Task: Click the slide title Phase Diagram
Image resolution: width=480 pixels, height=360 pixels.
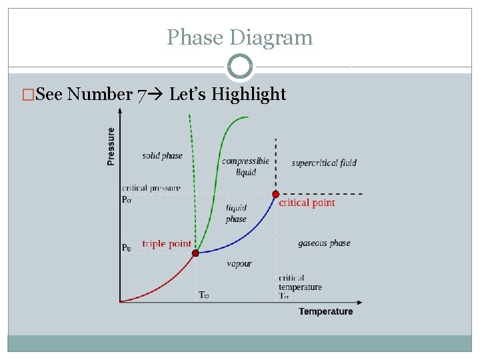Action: (239, 37)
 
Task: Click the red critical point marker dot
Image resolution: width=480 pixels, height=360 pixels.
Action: (275, 194)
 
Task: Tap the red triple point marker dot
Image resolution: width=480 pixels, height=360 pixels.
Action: (195, 253)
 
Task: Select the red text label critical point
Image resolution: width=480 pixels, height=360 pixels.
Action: (307, 203)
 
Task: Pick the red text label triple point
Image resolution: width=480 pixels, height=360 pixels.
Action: (167, 244)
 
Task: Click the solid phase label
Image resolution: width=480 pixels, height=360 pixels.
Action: (162, 156)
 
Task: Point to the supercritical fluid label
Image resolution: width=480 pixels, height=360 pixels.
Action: (324, 163)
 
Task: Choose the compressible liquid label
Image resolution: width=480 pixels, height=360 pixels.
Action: (245, 166)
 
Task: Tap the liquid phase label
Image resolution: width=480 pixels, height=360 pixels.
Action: (236, 213)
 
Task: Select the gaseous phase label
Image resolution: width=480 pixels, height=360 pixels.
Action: (324, 243)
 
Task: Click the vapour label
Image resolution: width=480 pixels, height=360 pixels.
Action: (239, 264)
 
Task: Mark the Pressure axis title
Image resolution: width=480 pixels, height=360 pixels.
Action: (111, 147)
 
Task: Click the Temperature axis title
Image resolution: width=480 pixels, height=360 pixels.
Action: (325, 311)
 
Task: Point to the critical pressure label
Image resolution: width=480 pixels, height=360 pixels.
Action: (151, 189)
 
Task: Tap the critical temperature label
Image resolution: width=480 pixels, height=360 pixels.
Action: (300, 283)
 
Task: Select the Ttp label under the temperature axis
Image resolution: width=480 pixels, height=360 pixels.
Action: (204, 295)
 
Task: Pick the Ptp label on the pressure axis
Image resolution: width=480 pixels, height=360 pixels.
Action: (127, 248)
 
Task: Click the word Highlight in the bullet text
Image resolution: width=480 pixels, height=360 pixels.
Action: (249, 95)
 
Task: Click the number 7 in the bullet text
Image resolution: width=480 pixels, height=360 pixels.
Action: (141, 95)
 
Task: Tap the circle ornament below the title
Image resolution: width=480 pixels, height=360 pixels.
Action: (239, 67)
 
